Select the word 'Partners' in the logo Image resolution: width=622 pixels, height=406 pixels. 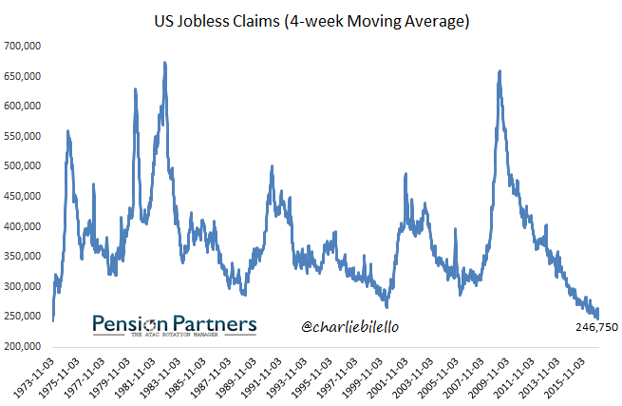(x=214, y=324)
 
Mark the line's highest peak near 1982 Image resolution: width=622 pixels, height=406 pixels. (x=165, y=64)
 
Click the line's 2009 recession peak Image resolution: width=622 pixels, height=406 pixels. (x=499, y=71)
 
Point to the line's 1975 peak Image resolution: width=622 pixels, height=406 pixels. (x=67, y=131)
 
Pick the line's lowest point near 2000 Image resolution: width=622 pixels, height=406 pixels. (x=386, y=306)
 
